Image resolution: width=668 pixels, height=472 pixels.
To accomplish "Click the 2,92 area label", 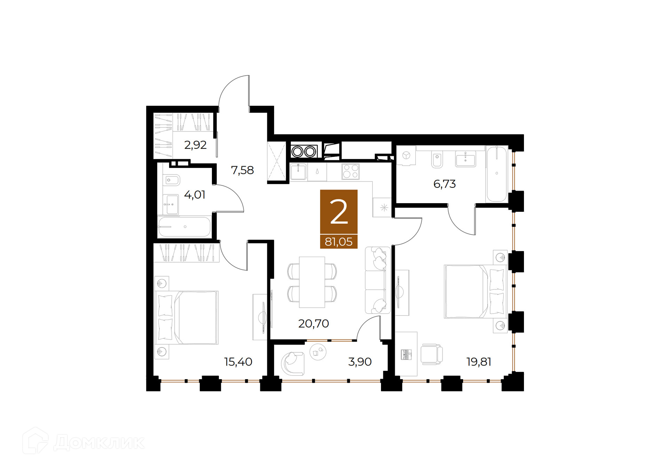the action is click(x=195, y=145).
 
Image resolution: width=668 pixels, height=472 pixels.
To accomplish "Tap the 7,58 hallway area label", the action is click(x=242, y=170).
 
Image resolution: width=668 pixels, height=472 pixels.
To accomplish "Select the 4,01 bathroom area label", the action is click(x=194, y=194).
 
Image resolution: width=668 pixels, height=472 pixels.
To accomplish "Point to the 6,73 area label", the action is click(x=444, y=184).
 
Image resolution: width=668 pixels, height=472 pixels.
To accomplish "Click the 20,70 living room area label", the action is click(x=313, y=323).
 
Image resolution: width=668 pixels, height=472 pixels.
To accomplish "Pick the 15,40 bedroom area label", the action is click(x=238, y=362).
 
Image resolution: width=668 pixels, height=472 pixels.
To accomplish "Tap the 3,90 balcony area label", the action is click(x=360, y=362).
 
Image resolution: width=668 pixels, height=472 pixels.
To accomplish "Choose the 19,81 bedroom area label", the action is click(x=479, y=362).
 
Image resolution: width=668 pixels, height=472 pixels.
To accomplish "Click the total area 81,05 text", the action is click(x=339, y=241).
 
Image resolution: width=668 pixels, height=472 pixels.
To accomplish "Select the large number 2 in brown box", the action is click(x=339, y=212).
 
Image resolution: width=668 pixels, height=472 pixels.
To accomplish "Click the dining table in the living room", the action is click(x=312, y=282).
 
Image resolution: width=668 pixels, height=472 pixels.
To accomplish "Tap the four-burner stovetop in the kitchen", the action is click(x=350, y=171).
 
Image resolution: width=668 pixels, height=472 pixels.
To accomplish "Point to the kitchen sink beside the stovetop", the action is click(x=299, y=172).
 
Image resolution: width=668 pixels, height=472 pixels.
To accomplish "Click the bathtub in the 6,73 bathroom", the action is click(x=496, y=174).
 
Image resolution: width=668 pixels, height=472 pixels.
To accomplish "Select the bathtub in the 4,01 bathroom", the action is click(x=184, y=227).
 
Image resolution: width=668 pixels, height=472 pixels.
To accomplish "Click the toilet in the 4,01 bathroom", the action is click(x=171, y=180).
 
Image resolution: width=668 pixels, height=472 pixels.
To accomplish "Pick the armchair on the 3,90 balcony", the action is click(x=293, y=363).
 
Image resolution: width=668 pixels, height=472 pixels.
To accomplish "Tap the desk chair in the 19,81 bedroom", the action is click(x=431, y=354).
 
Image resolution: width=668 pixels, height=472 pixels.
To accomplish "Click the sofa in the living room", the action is click(x=377, y=280).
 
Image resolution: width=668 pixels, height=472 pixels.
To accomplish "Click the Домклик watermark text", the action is click(x=99, y=442).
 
